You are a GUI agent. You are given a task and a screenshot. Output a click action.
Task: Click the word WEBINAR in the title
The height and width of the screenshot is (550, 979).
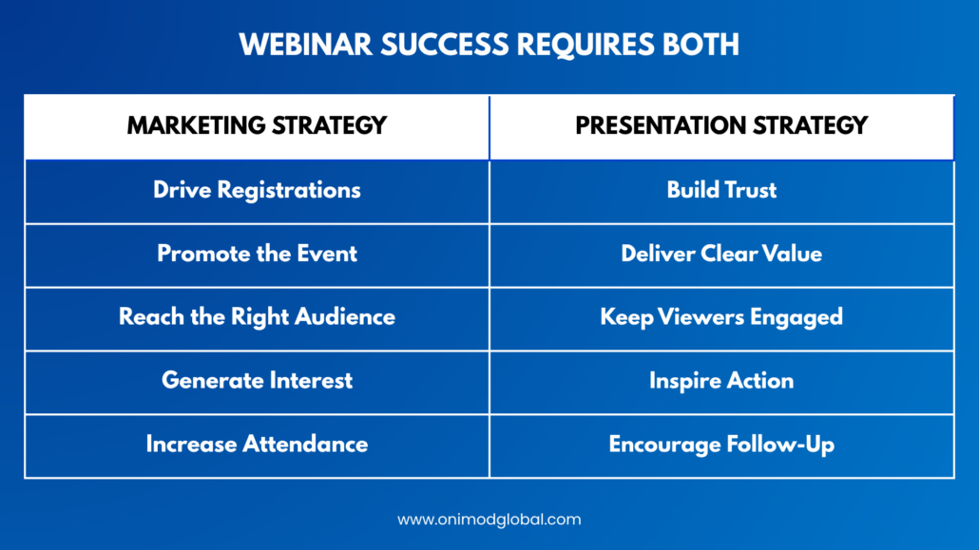305,45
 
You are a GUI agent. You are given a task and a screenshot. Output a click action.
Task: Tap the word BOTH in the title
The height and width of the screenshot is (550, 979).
701,45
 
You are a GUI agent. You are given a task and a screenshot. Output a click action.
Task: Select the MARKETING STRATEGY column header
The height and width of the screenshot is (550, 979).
257,126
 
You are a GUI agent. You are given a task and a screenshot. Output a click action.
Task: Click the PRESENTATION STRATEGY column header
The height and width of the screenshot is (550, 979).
721,126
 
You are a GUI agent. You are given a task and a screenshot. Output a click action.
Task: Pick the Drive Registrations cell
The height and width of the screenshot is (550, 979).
257,190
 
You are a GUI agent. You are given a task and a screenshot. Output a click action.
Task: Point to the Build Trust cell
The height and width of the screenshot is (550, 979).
721,190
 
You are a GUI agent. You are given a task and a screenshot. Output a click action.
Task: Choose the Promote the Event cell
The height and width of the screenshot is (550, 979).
257,254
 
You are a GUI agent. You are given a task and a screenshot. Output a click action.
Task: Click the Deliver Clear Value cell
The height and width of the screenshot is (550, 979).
721,254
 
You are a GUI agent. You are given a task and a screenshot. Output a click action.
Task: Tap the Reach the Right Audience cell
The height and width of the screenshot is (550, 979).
257,318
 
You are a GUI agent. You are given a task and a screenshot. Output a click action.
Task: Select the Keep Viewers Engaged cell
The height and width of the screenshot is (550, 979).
721,318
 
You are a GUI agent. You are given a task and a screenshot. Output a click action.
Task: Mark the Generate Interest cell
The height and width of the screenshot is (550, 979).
257,381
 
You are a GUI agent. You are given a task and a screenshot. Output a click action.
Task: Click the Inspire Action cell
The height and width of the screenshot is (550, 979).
721,382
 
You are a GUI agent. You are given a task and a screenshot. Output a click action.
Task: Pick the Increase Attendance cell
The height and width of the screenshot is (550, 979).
257,445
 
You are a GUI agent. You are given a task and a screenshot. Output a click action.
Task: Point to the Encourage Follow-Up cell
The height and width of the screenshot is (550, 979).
721,446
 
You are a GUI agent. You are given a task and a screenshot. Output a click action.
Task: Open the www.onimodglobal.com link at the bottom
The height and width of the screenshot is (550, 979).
489,520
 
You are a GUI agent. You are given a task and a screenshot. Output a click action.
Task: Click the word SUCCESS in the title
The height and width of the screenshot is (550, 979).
445,45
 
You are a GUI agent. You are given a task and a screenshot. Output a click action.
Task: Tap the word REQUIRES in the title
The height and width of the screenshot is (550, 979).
585,45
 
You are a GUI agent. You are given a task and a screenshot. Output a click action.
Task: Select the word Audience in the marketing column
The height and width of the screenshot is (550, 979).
345,317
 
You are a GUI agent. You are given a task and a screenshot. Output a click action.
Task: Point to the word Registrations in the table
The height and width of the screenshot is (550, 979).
288,190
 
